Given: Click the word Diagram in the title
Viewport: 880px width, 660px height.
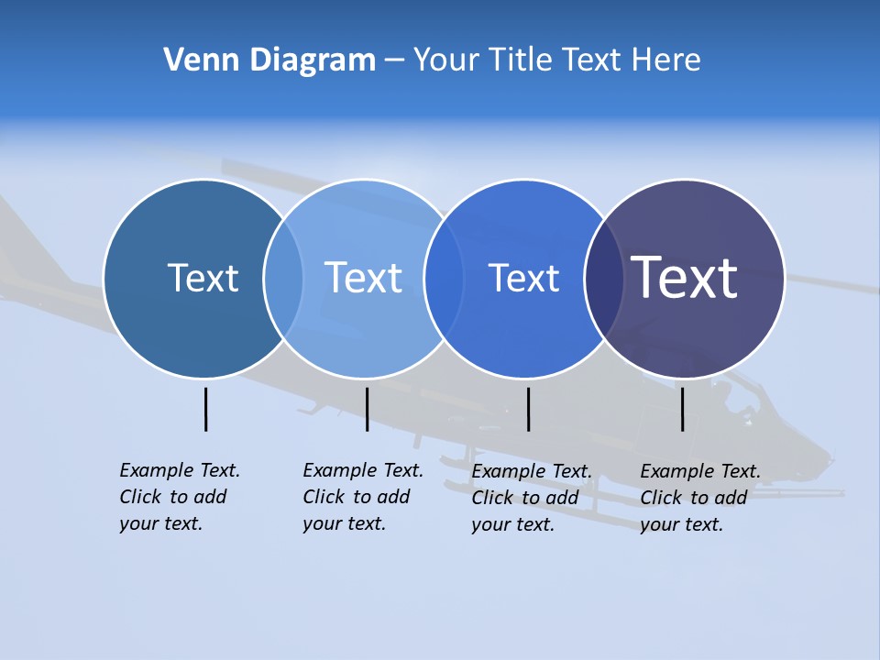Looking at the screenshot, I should pos(313,60).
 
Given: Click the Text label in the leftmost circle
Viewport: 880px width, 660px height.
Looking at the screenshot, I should pos(203,278).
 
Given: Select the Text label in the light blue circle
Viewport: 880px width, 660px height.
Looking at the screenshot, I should pos(363,278).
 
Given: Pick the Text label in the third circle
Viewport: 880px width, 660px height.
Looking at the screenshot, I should pos(523,278).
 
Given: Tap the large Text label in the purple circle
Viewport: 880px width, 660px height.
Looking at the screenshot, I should pos(684,277).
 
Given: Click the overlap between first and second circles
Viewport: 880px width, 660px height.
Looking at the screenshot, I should pos(283,279).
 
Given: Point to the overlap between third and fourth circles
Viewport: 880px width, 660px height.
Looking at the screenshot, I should pos(604,279).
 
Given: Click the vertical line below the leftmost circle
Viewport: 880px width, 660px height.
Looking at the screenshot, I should pos(205,409).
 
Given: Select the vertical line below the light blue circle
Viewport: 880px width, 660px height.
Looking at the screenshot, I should pos(367,409).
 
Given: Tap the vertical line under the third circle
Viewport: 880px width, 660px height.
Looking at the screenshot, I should pos(528,409).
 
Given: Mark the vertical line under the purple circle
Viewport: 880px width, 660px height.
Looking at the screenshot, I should pos(682,409).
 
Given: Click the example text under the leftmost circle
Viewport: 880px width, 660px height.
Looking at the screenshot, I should pos(179,497).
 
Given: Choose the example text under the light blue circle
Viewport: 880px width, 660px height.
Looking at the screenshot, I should pos(362,497).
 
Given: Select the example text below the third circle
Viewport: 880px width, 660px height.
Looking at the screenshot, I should pos(531,498).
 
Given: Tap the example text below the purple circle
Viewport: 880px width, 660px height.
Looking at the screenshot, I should pos(699,498).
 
